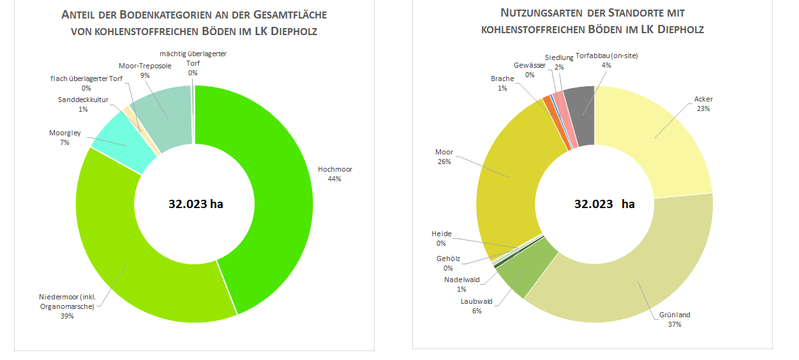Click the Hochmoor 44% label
click(x=334, y=174)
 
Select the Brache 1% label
click(x=502, y=83)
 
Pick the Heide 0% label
click(x=441, y=238)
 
